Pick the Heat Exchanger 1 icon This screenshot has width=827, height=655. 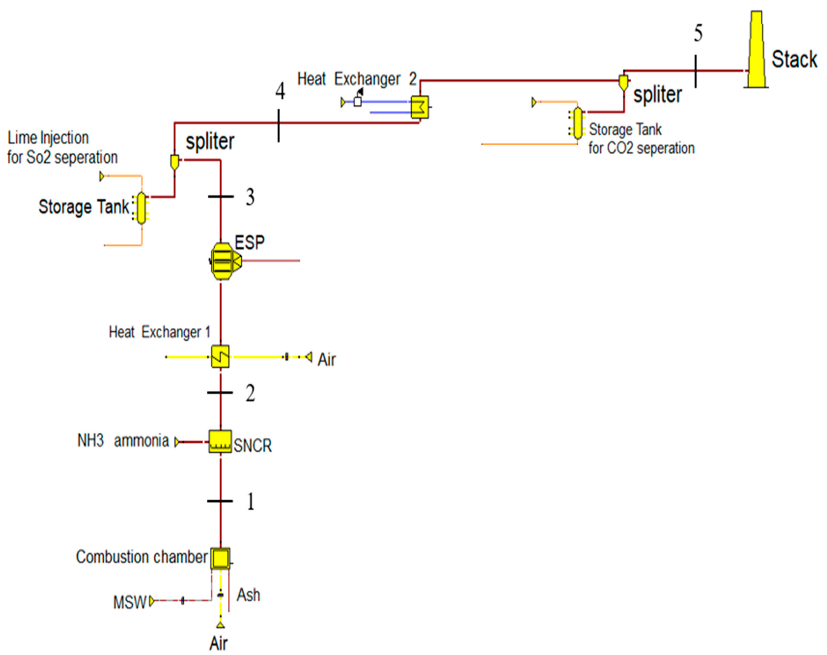pyautogui.click(x=220, y=357)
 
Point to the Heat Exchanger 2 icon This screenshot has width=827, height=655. pyautogui.click(x=420, y=107)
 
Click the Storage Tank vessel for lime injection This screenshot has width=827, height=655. pyautogui.click(x=141, y=208)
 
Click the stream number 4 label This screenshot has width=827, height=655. pyautogui.click(x=280, y=91)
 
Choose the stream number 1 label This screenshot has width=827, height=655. pyautogui.click(x=250, y=502)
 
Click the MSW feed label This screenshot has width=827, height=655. pyautogui.click(x=129, y=602)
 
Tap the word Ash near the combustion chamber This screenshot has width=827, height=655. pyautogui.click(x=248, y=595)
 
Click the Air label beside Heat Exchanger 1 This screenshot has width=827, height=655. pyautogui.click(x=326, y=360)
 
